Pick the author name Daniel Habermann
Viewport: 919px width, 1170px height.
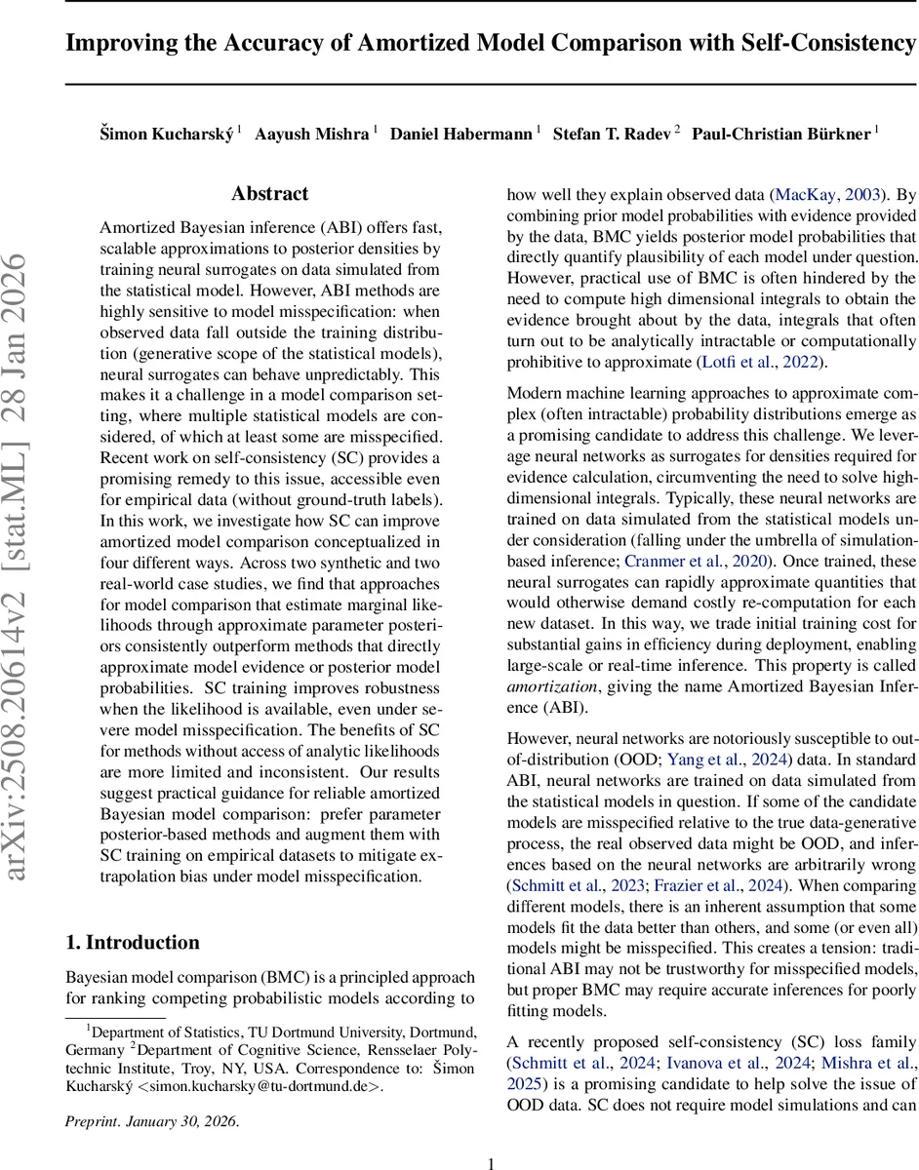point(460,134)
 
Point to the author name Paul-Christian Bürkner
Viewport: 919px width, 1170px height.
point(781,134)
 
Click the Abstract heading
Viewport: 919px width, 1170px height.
point(269,194)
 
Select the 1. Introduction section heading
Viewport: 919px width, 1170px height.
point(133,942)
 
